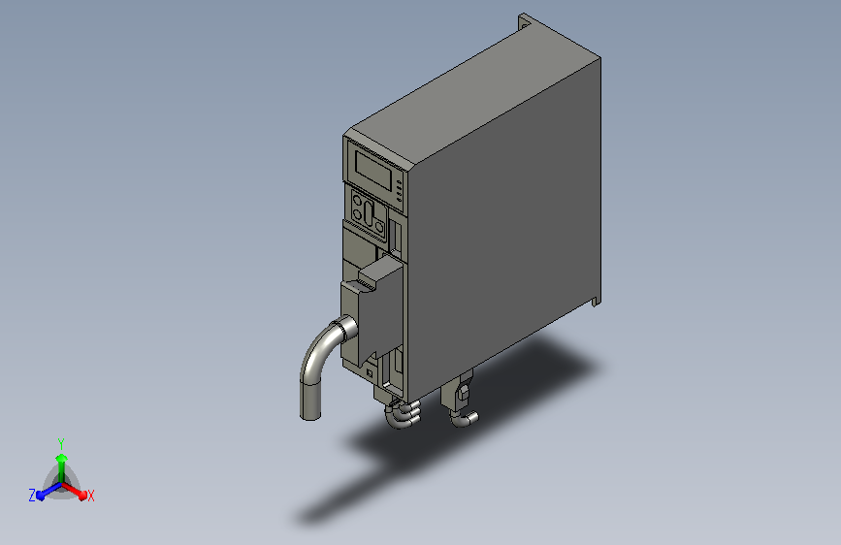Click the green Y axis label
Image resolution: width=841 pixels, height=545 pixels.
61,443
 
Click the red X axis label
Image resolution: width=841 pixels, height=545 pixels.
90,496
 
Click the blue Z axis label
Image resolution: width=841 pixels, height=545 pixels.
32,496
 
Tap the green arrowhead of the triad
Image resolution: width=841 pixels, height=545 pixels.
62,458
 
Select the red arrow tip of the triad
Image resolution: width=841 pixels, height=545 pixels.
82,496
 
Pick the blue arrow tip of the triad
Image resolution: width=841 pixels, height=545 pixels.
40,496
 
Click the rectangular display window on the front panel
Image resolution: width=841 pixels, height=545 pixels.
373,170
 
